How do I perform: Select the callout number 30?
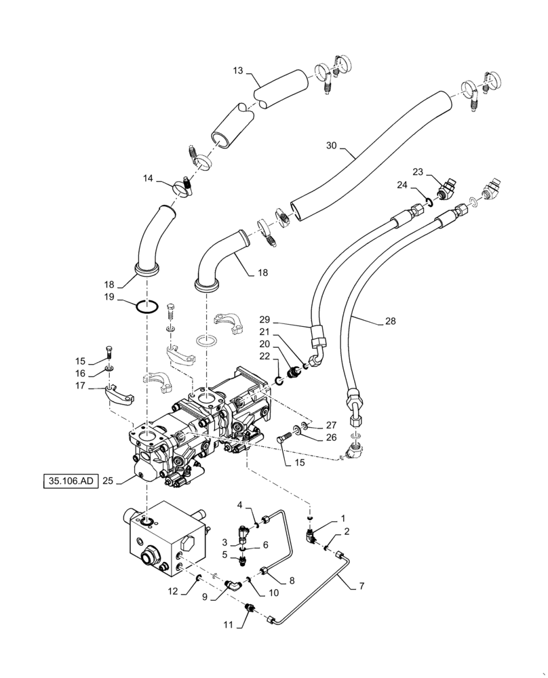(x=332, y=146)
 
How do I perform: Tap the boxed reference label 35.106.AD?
(x=68, y=481)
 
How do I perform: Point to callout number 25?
(x=107, y=481)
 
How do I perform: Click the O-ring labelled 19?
(x=148, y=306)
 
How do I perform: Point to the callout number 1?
(x=342, y=519)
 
